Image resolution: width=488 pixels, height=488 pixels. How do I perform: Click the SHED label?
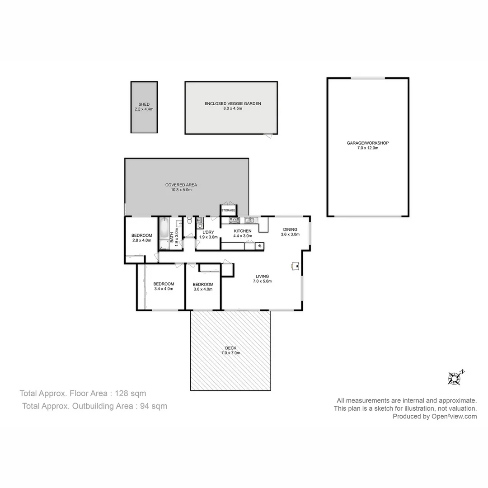click(x=144, y=104)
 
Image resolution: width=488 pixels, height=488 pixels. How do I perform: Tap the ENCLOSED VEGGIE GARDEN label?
click(x=232, y=103)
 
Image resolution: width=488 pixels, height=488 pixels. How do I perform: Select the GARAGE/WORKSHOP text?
click(x=367, y=143)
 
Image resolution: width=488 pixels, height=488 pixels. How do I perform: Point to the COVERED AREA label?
click(x=181, y=185)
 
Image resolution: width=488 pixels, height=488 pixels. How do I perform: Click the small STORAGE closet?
click(x=228, y=211)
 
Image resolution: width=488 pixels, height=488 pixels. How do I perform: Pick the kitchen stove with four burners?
click(x=234, y=221)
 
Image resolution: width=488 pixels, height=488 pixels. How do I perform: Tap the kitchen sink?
click(x=249, y=220)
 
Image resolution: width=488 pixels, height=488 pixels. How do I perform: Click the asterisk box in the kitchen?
click(x=260, y=246)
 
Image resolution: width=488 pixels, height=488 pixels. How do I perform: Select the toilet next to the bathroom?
click(x=189, y=221)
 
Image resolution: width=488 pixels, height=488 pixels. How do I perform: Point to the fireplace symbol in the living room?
click(x=295, y=266)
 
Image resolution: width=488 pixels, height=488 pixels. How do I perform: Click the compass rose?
click(x=454, y=378)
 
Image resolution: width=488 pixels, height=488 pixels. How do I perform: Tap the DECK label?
click(x=230, y=348)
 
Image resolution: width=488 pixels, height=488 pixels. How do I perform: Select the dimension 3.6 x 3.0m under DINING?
click(x=290, y=235)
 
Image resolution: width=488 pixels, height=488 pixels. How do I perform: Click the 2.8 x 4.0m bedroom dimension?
click(x=141, y=240)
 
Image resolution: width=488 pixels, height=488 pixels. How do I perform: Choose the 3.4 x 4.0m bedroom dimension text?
click(x=164, y=289)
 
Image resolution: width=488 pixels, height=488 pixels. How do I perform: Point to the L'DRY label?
click(x=208, y=232)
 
